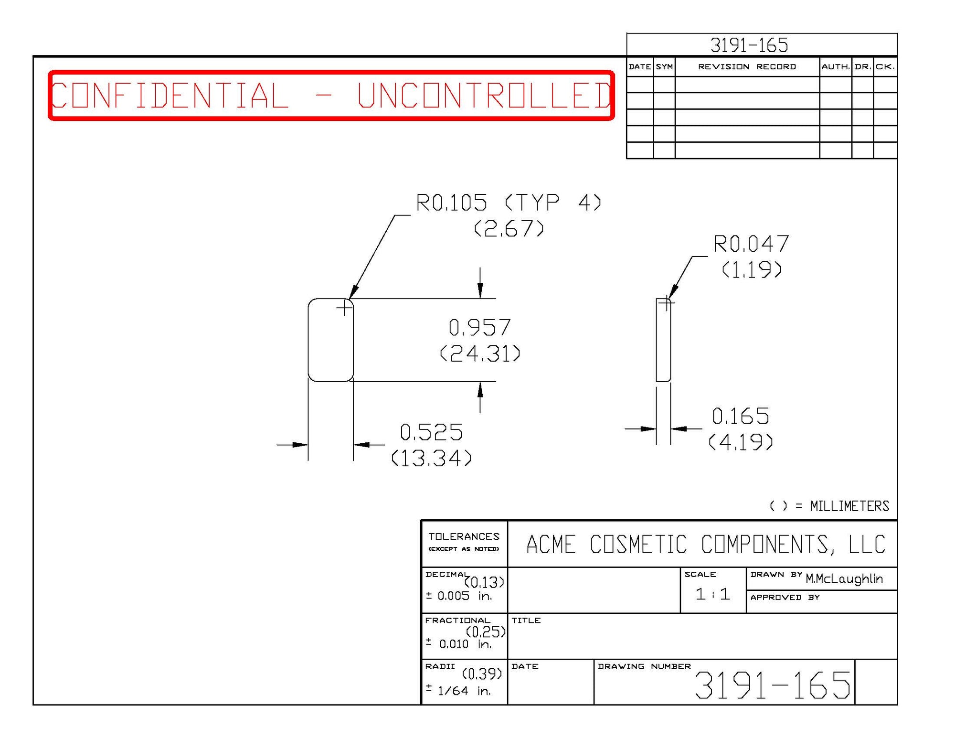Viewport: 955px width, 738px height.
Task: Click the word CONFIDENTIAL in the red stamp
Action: (x=170, y=95)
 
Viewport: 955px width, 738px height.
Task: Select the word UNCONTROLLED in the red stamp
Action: (x=485, y=95)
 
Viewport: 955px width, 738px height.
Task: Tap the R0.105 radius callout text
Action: (x=451, y=203)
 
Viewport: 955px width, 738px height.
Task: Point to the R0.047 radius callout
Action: (x=751, y=244)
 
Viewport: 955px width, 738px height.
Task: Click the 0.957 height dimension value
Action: (x=480, y=328)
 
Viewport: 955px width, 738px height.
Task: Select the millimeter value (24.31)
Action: (x=480, y=353)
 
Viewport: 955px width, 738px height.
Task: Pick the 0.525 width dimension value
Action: (x=431, y=432)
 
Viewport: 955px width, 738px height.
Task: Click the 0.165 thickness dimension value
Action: (x=741, y=417)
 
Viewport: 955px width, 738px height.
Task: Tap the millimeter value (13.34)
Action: (x=431, y=458)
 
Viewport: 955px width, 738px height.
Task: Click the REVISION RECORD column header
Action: (x=747, y=67)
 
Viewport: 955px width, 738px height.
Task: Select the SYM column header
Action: (x=664, y=67)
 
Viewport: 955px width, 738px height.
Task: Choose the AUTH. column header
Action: (x=836, y=67)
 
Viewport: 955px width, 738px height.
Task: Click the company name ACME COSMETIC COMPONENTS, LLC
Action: (x=706, y=545)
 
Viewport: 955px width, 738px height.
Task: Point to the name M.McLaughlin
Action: (x=844, y=579)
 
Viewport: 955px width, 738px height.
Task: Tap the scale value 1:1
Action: (x=712, y=594)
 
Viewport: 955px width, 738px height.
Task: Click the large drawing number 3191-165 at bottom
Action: (x=773, y=685)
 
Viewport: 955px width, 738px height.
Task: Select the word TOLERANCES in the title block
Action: (x=464, y=537)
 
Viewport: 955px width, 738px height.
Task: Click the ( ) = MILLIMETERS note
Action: (x=829, y=506)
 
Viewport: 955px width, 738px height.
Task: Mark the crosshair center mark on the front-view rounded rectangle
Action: (x=344, y=308)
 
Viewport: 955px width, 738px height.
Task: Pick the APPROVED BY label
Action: (x=785, y=598)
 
